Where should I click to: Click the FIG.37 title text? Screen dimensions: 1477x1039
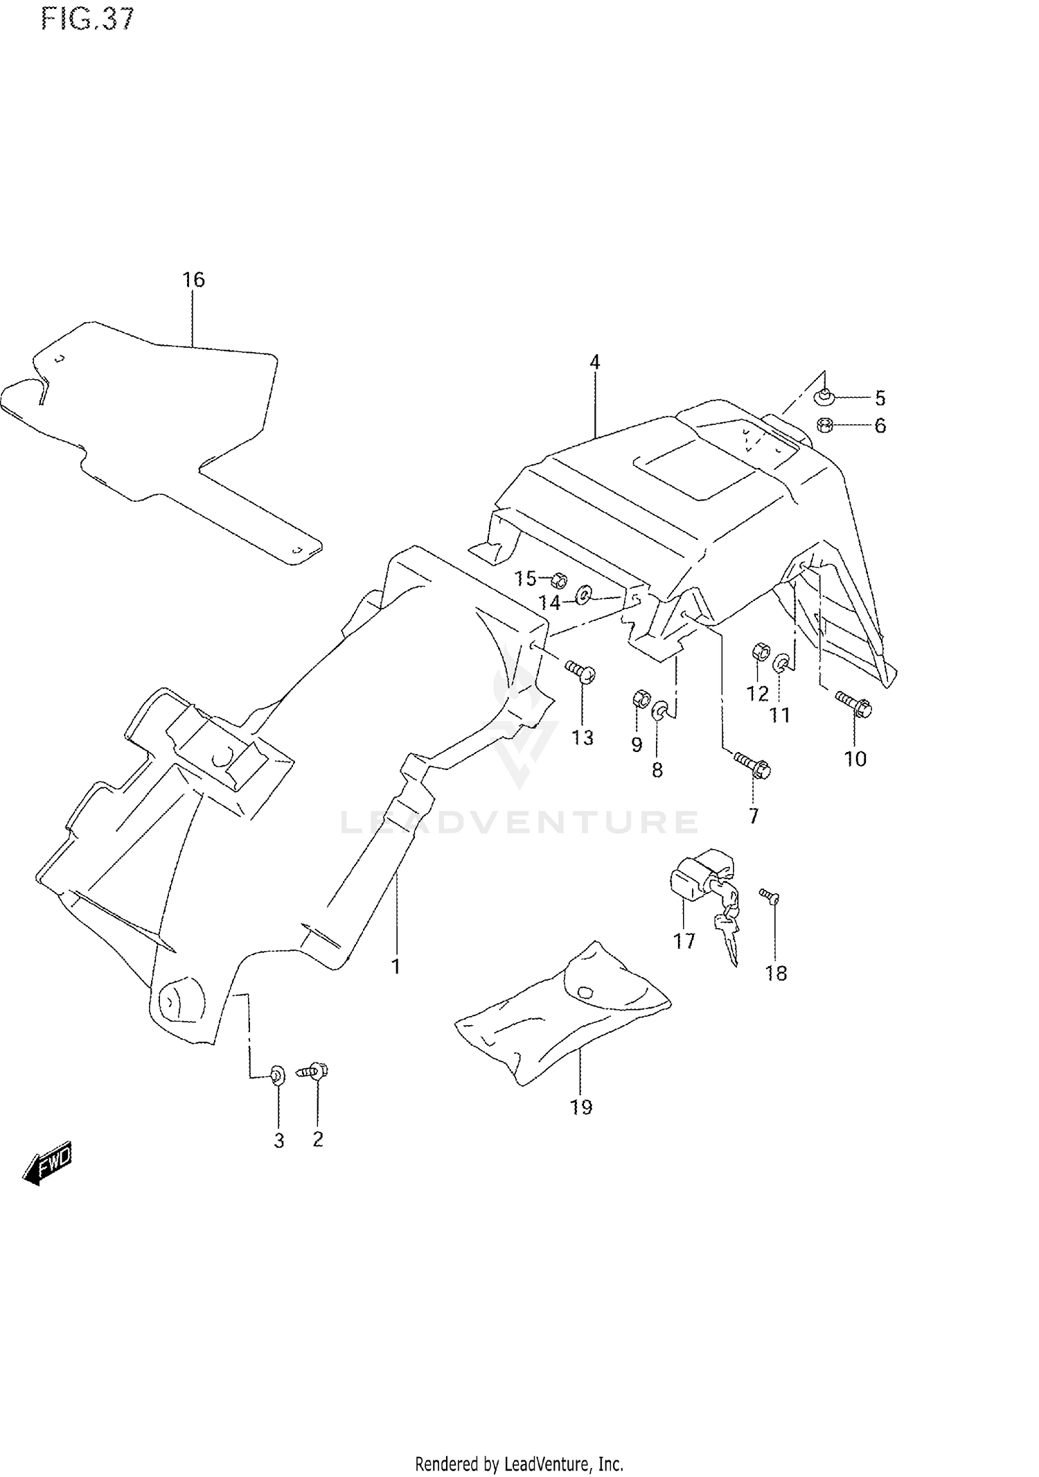tap(87, 19)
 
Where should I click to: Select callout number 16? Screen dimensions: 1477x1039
tap(193, 280)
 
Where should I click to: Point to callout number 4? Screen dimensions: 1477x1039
tap(594, 362)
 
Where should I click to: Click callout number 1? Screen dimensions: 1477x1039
tap(396, 966)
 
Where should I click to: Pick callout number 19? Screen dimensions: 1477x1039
tap(581, 1108)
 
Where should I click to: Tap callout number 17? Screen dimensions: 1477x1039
tap(684, 941)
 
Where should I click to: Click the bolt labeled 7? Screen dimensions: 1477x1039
tap(752, 766)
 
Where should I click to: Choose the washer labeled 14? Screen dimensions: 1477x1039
tap(583, 593)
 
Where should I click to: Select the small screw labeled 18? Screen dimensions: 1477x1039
tap(769, 896)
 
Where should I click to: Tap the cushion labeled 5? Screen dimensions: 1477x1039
tap(823, 397)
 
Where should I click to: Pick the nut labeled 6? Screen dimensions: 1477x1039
tap(824, 425)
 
